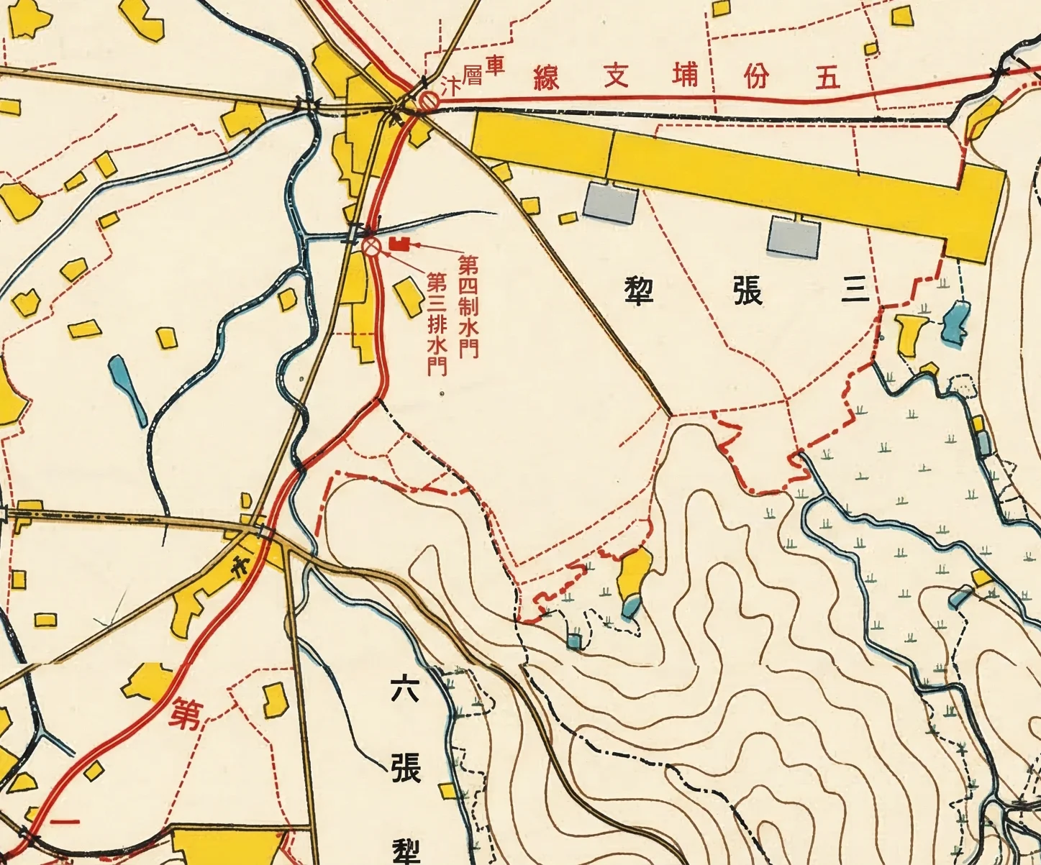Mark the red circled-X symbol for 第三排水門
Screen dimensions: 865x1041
coord(371,247)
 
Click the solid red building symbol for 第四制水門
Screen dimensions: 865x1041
coord(399,244)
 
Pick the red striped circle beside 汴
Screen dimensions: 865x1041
coord(429,101)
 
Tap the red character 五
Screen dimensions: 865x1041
coord(828,77)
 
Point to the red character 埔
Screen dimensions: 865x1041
coord(685,75)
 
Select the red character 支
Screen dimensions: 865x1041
coord(616,75)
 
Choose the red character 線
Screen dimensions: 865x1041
coord(547,76)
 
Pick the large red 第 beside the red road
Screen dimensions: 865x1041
coord(185,713)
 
